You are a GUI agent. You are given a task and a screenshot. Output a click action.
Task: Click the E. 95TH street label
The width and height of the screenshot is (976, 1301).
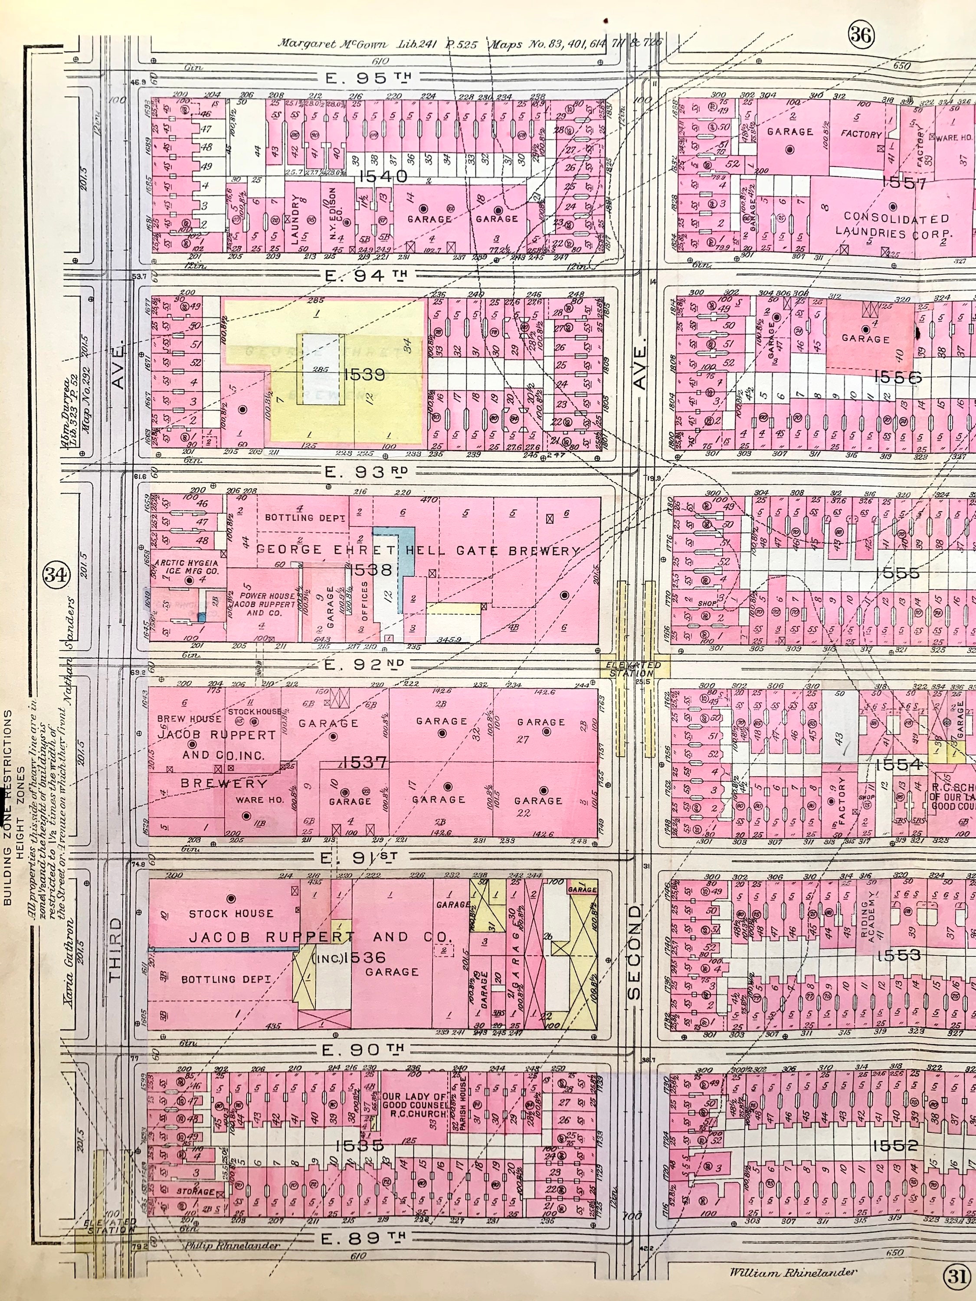(368, 78)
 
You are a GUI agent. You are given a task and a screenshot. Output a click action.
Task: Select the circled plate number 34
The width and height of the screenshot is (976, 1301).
(56, 575)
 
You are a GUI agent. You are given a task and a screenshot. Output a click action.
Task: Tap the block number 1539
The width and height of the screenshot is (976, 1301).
(365, 374)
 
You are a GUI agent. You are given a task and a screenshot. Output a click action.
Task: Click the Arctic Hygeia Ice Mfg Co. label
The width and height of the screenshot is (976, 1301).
(187, 566)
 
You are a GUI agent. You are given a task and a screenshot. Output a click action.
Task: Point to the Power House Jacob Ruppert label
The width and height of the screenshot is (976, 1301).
(262, 604)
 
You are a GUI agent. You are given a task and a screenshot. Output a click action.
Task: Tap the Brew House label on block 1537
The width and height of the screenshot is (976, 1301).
(189, 718)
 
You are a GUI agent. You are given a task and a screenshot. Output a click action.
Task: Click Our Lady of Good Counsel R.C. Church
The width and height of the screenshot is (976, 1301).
(415, 1105)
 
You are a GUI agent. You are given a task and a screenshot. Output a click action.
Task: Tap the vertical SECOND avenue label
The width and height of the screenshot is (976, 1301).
(634, 953)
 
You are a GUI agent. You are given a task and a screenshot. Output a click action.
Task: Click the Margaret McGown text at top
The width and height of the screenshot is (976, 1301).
(332, 43)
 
